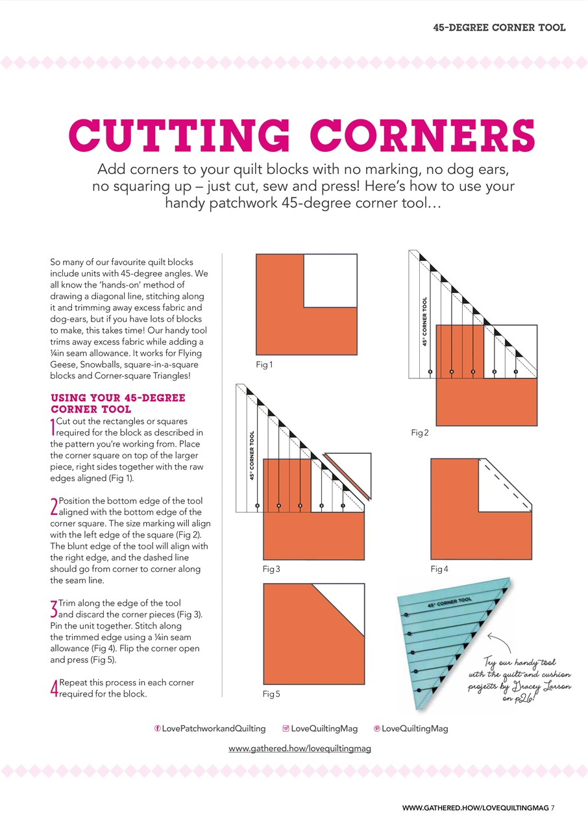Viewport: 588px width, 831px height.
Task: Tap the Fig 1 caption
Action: click(x=264, y=365)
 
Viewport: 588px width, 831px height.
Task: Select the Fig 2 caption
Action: click(x=420, y=432)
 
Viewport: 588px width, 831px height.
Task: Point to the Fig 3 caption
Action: click(x=271, y=569)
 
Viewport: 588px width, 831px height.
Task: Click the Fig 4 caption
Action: click(x=439, y=569)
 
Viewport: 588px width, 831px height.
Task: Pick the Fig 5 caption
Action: click(x=271, y=694)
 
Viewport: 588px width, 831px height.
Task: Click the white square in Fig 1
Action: click(x=330, y=280)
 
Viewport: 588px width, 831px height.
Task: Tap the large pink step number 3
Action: click(x=54, y=609)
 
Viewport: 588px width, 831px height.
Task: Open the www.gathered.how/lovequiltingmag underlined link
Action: click(x=299, y=749)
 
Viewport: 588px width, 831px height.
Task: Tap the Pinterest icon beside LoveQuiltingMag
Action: click(x=377, y=728)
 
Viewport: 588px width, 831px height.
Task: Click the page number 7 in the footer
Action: click(x=554, y=808)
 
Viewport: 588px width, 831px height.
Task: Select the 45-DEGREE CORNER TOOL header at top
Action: click(x=499, y=27)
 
